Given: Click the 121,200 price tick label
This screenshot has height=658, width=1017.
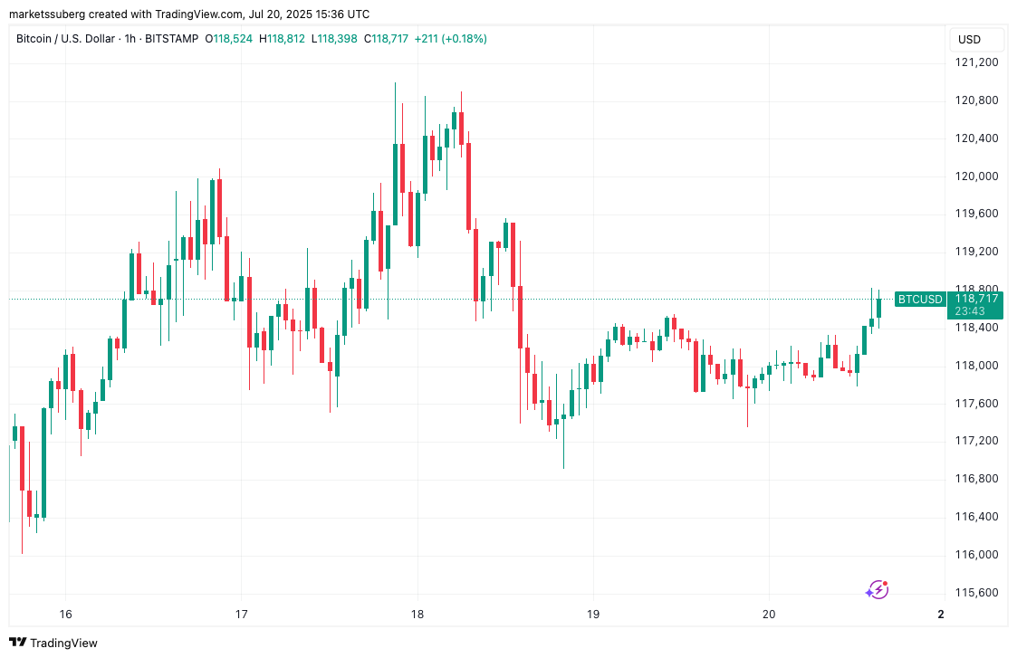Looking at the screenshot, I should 976,62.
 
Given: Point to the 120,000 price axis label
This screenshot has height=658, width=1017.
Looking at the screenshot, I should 976,176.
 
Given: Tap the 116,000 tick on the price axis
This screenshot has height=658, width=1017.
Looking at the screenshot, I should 976,555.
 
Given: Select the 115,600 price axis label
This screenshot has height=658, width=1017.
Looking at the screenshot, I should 976,593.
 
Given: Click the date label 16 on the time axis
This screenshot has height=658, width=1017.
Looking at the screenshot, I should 65,614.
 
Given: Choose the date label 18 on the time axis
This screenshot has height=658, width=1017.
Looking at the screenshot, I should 417,614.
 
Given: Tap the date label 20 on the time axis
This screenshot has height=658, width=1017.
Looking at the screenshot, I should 769,614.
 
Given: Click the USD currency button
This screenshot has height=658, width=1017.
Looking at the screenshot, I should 969,40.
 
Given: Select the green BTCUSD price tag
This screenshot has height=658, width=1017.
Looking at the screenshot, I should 919,300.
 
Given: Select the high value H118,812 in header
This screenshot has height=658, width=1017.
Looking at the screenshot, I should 283,39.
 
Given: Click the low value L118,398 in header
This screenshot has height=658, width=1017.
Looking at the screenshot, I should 335,39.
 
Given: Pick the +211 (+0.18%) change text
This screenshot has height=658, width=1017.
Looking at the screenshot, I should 450,39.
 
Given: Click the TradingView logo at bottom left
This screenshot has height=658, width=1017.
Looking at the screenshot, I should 54,643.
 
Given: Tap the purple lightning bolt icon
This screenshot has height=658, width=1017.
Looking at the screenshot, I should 877,590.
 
